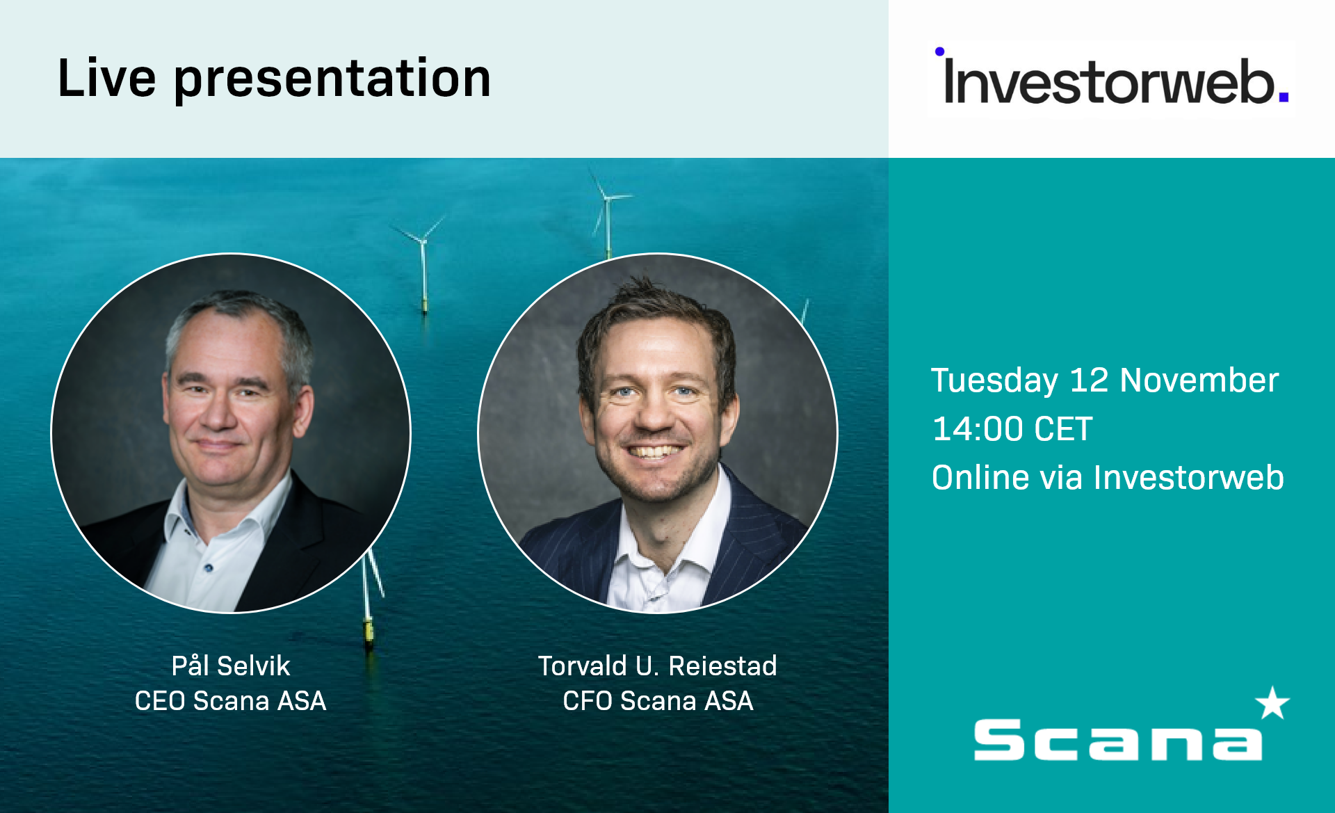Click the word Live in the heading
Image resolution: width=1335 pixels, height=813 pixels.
pos(106,78)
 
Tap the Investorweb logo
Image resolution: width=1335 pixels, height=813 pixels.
pos(1111,80)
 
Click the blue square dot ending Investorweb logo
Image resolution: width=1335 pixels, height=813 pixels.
pos(1284,98)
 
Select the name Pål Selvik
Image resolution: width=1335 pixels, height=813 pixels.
pos(230,666)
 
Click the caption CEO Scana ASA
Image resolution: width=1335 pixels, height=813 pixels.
pos(230,700)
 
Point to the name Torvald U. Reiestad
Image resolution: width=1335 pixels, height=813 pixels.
pos(657,666)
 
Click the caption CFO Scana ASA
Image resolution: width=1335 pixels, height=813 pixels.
pos(657,700)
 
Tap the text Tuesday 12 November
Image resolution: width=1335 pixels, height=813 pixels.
pos(1104,380)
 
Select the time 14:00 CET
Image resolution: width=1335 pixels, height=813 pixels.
pos(1012,429)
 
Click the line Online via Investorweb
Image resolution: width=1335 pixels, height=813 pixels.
pos(1107,478)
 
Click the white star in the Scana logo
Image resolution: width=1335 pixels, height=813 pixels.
pos(1272,703)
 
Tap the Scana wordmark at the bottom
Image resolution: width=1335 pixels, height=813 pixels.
pos(1117,741)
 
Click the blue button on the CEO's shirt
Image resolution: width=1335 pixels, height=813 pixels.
pos(208,568)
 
